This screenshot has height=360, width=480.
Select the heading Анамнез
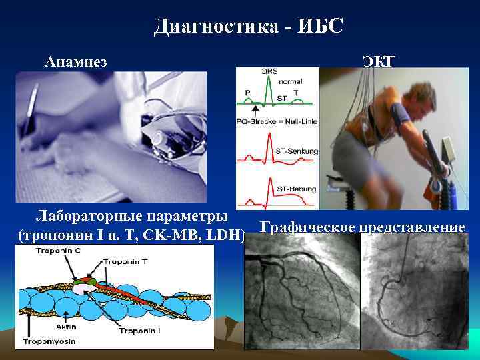[76, 62]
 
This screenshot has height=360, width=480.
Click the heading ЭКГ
[379, 62]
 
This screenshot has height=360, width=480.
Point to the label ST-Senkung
[297, 151]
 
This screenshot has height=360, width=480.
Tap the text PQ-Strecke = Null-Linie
[277, 121]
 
